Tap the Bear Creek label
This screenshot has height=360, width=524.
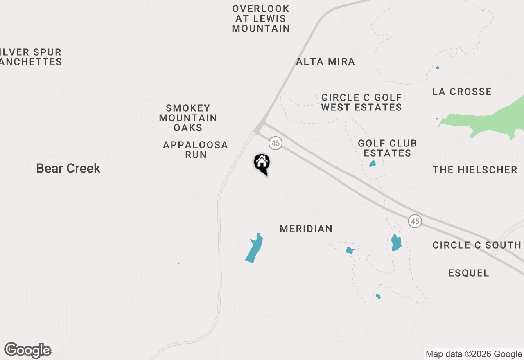tap(68, 168)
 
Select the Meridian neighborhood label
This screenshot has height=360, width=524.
tap(306, 229)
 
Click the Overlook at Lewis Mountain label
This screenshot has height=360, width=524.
tap(261, 18)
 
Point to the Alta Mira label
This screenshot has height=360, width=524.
tap(325, 62)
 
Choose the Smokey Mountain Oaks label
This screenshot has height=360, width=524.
tap(188, 118)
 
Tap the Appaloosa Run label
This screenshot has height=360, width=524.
tap(196, 150)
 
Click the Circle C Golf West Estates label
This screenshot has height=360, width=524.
tap(361, 102)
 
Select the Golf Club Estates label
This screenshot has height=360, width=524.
tap(387, 148)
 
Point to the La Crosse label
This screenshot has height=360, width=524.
tap(462, 92)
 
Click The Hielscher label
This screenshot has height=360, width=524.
tap(475, 170)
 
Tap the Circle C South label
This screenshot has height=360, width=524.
tap(477, 245)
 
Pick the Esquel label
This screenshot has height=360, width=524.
tap(469, 273)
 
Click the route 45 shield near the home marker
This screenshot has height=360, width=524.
tap(276, 143)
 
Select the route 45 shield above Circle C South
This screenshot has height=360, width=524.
tap(415, 221)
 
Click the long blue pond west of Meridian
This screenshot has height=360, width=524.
tap(254, 248)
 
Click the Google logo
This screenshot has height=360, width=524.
tap(28, 350)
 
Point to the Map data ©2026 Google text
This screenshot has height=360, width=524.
tap(474, 354)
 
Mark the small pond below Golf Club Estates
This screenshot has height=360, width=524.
tap(373, 164)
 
